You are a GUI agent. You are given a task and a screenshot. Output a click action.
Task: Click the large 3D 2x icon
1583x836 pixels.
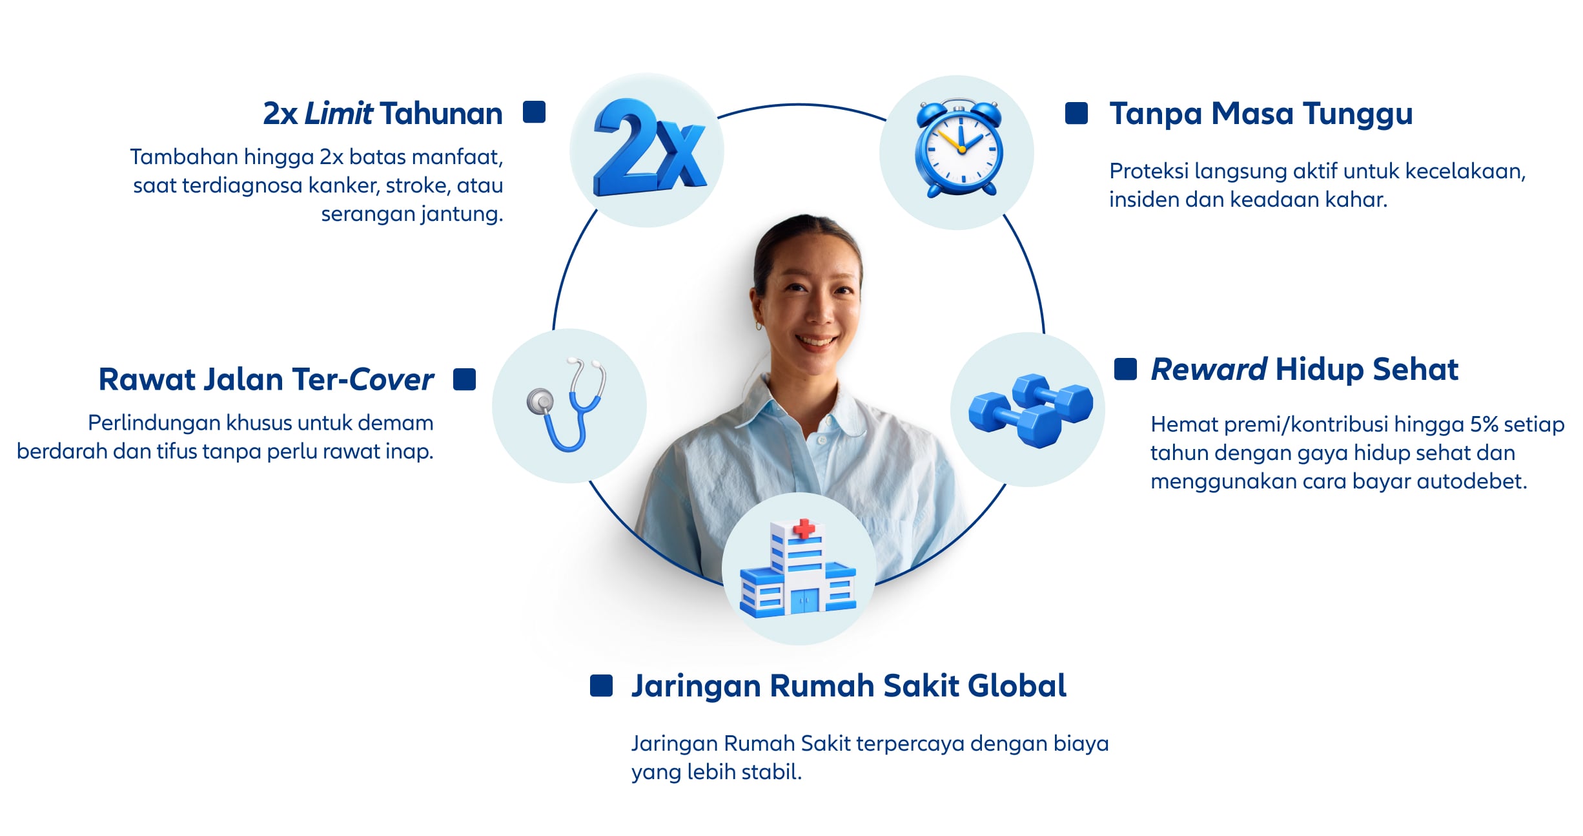click(649, 148)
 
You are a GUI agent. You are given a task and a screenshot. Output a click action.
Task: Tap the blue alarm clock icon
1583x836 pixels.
click(959, 149)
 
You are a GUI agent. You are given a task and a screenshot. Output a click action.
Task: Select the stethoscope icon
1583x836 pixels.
click(566, 404)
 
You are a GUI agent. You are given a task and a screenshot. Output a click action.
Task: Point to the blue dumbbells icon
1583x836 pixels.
click(1030, 410)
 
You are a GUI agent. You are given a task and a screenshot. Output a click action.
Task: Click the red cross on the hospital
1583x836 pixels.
click(804, 529)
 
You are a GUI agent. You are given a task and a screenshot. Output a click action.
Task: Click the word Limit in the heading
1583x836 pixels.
click(338, 114)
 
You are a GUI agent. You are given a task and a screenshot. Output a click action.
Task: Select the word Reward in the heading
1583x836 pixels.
click(1209, 370)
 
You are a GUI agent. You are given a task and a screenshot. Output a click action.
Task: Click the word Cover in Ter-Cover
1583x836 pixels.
click(392, 379)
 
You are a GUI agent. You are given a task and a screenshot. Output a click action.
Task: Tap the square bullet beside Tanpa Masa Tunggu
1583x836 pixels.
click(1076, 113)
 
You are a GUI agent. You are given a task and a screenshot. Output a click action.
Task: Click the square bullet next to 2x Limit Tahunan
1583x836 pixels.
click(534, 112)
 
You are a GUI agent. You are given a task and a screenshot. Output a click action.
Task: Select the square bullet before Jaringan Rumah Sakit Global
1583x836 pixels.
click(601, 685)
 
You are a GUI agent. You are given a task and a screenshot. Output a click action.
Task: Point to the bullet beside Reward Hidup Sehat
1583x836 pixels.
click(1125, 369)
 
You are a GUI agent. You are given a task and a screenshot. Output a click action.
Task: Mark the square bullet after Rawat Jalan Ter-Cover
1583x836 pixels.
click(464, 379)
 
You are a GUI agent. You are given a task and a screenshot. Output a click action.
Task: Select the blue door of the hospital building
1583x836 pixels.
click(804, 601)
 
